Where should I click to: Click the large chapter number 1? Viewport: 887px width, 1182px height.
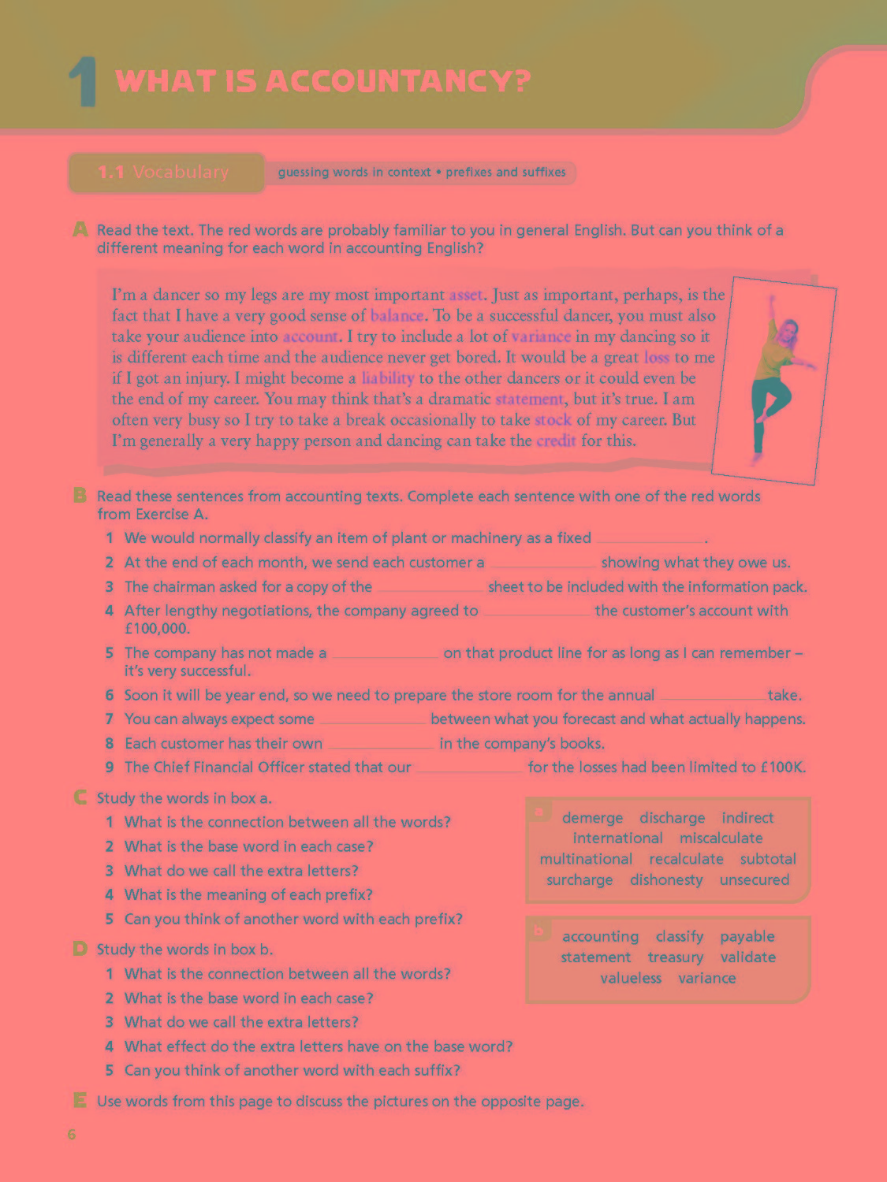(x=82, y=83)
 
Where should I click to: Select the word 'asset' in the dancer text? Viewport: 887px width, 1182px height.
(x=465, y=295)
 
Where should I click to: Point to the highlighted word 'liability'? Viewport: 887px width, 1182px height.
(x=387, y=378)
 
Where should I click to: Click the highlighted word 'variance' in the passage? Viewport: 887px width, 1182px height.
(x=540, y=337)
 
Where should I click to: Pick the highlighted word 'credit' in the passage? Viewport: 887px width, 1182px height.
(x=556, y=441)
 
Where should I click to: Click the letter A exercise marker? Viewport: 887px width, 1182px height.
(x=80, y=230)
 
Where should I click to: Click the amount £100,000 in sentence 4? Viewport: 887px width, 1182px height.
(x=157, y=629)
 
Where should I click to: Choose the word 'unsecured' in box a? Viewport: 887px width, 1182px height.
(x=754, y=880)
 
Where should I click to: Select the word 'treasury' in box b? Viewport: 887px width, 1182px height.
(x=675, y=957)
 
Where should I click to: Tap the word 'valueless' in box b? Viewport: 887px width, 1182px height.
(x=630, y=979)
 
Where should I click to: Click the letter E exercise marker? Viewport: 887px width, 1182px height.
(x=80, y=1101)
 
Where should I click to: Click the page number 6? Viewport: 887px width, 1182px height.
(x=72, y=1135)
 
